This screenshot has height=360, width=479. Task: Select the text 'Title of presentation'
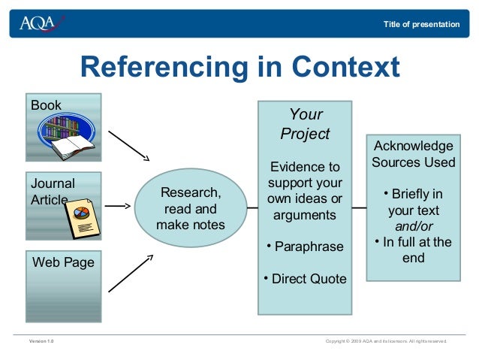(420, 25)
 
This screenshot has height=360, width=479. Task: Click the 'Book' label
(46, 105)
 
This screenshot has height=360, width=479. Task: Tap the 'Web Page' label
(62, 262)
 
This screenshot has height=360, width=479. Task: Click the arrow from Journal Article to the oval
(118, 204)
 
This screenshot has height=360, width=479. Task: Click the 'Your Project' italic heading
(305, 124)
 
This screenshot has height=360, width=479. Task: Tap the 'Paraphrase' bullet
(305, 247)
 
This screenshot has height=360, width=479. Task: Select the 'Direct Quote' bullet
(305, 279)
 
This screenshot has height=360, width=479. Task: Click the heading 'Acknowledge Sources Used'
(414, 154)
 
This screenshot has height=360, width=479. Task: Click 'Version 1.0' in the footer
(41, 341)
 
